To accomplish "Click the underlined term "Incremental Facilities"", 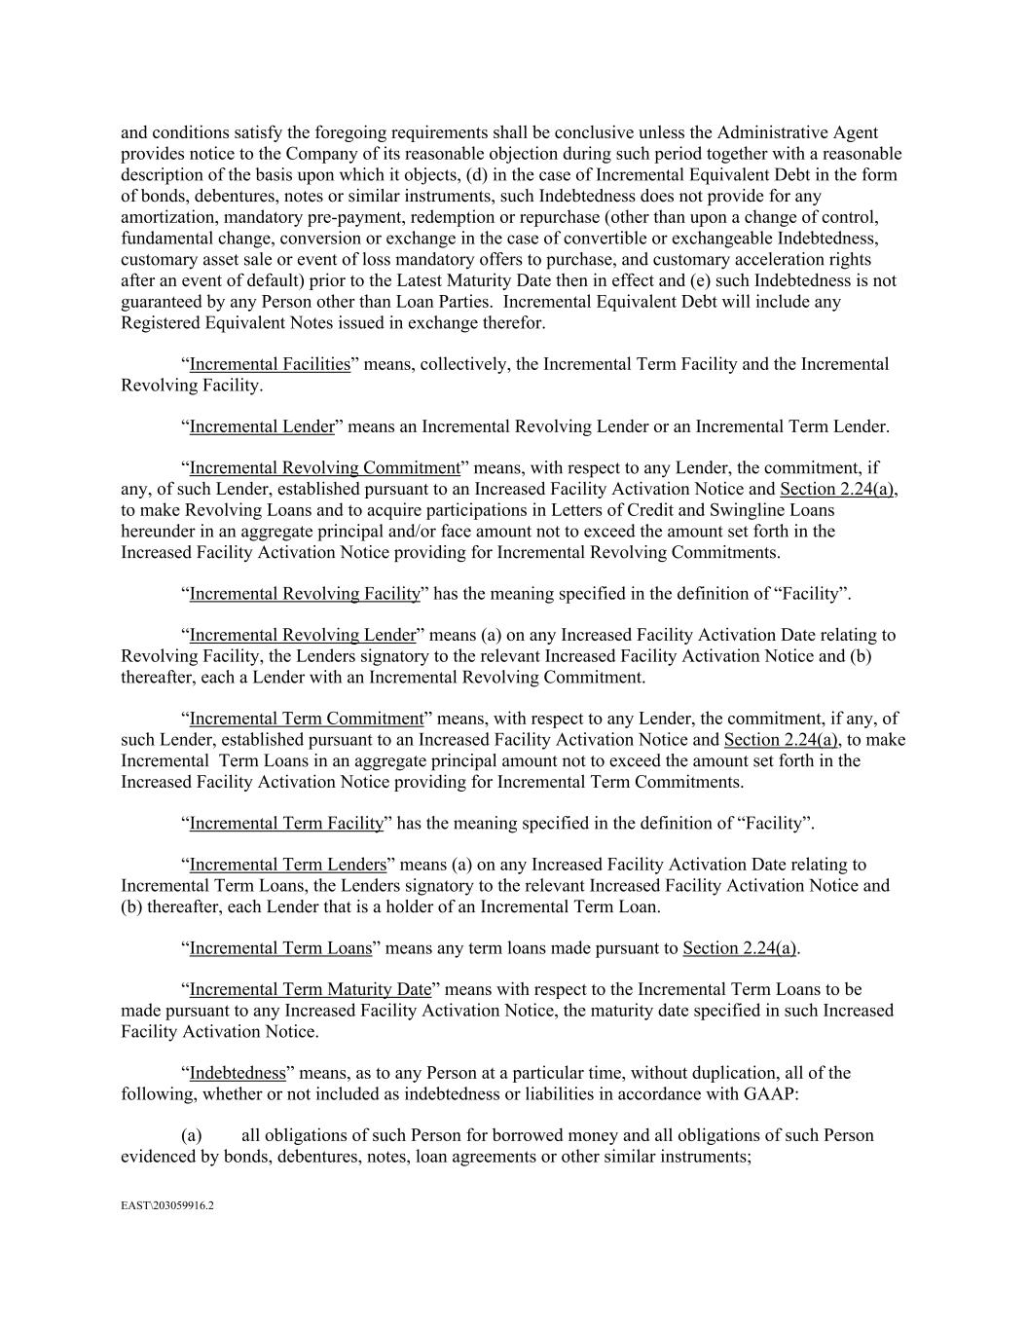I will point(270,364).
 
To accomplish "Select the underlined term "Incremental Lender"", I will point(261,426).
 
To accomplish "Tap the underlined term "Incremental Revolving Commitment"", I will point(324,468).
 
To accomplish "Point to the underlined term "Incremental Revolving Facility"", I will point(305,594).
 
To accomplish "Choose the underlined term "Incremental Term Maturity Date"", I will point(310,989).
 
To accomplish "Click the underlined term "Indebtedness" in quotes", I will point(238,1073).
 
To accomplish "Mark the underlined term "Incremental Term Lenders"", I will point(287,865).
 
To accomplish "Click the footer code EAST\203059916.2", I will point(167,1205).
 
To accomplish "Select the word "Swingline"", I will point(735,510).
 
